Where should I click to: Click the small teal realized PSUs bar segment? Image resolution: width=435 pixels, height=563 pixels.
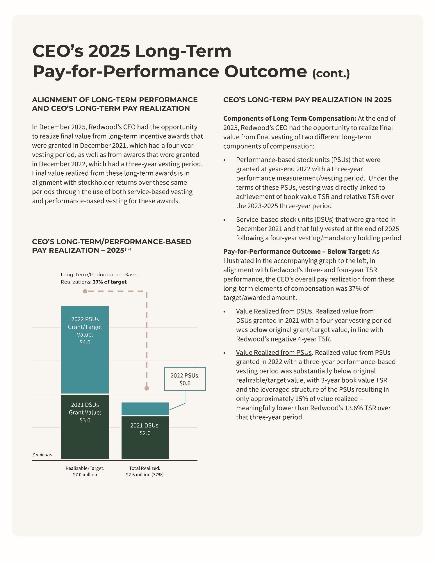click(145, 409)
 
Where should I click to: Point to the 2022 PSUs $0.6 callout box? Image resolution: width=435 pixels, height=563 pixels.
click(185, 379)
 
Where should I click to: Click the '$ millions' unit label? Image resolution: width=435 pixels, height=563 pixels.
click(42, 455)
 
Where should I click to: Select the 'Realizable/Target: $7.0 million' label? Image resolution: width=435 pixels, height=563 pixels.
click(85, 471)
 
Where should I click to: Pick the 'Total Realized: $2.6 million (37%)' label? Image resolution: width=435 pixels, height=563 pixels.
click(145, 471)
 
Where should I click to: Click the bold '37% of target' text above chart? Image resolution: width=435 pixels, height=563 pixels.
click(110, 282)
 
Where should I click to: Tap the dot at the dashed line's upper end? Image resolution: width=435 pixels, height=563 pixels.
click(85, 291)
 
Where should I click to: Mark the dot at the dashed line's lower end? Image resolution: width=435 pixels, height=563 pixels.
click(147, 388)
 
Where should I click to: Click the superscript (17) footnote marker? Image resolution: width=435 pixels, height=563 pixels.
click(128, 249)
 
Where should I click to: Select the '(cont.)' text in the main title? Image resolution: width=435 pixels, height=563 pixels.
click(331, 73)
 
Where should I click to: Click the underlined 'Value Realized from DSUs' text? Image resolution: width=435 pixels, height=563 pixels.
click(274, 311)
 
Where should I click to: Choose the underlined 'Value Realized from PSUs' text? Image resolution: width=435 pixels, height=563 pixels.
click(274, 352)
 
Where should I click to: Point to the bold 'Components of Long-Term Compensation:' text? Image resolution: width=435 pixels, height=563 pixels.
click(290, 118)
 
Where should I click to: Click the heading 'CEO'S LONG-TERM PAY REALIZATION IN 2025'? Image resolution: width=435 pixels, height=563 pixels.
click(307, 100)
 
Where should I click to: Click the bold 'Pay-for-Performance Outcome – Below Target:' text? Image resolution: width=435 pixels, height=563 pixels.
click(297, 252)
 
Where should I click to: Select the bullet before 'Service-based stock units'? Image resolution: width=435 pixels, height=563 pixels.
click(224, 220)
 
